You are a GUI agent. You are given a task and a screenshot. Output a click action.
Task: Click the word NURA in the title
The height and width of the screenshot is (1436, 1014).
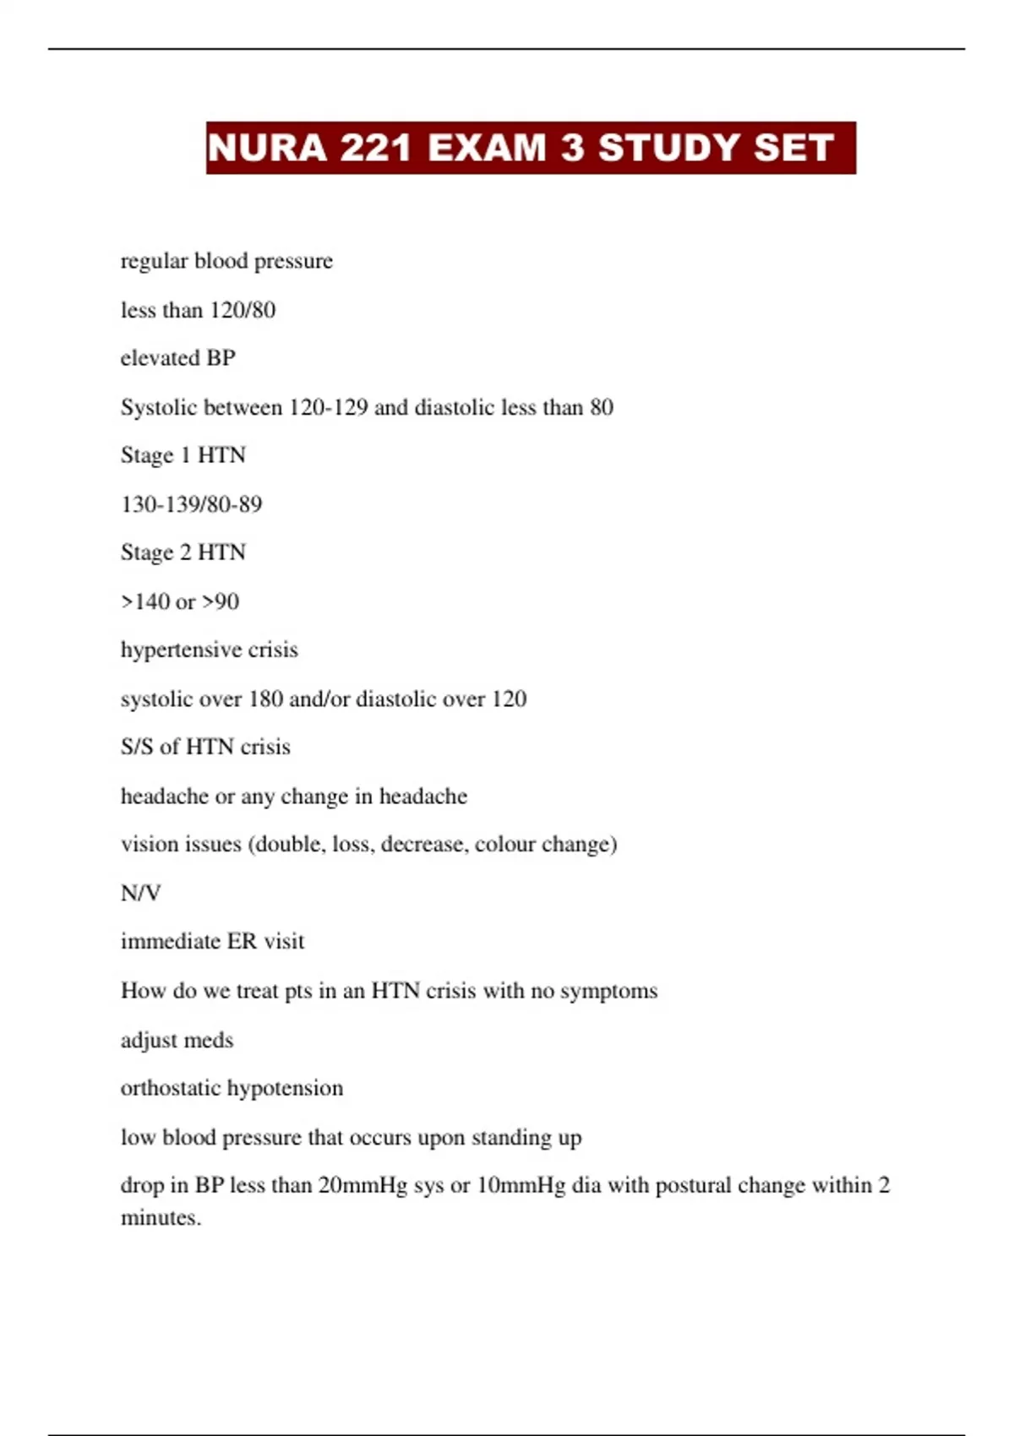[x=267, y=148]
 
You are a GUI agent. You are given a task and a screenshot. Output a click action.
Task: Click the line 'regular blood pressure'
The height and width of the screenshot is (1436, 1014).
[x=226, y=261]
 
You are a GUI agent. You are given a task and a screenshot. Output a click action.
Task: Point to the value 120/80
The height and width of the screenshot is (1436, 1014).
[x=243, y=310]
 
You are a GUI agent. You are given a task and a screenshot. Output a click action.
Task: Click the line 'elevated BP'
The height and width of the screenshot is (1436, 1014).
[x=177, y=358]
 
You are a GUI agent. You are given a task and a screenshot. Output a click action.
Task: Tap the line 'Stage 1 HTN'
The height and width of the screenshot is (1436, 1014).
[x=183, y=455]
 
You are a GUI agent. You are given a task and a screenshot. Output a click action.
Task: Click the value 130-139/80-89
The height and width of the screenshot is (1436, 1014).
[x=191, y=504]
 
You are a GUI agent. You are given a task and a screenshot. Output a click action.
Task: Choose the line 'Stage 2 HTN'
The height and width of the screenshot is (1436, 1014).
[x=183, y=552]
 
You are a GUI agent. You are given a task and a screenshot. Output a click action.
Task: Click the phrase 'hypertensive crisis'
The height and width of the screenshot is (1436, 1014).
[x=209, y=650]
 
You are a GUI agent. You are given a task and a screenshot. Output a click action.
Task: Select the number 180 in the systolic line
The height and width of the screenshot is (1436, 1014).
[x=265, y=699]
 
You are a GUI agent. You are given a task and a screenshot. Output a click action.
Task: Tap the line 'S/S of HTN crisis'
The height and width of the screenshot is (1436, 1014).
[x=205, y=747]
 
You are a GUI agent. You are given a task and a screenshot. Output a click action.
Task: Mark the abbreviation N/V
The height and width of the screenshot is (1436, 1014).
[x=140, y=893]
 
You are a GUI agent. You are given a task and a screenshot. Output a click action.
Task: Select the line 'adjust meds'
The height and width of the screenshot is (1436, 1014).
[x=177, y=1040]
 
